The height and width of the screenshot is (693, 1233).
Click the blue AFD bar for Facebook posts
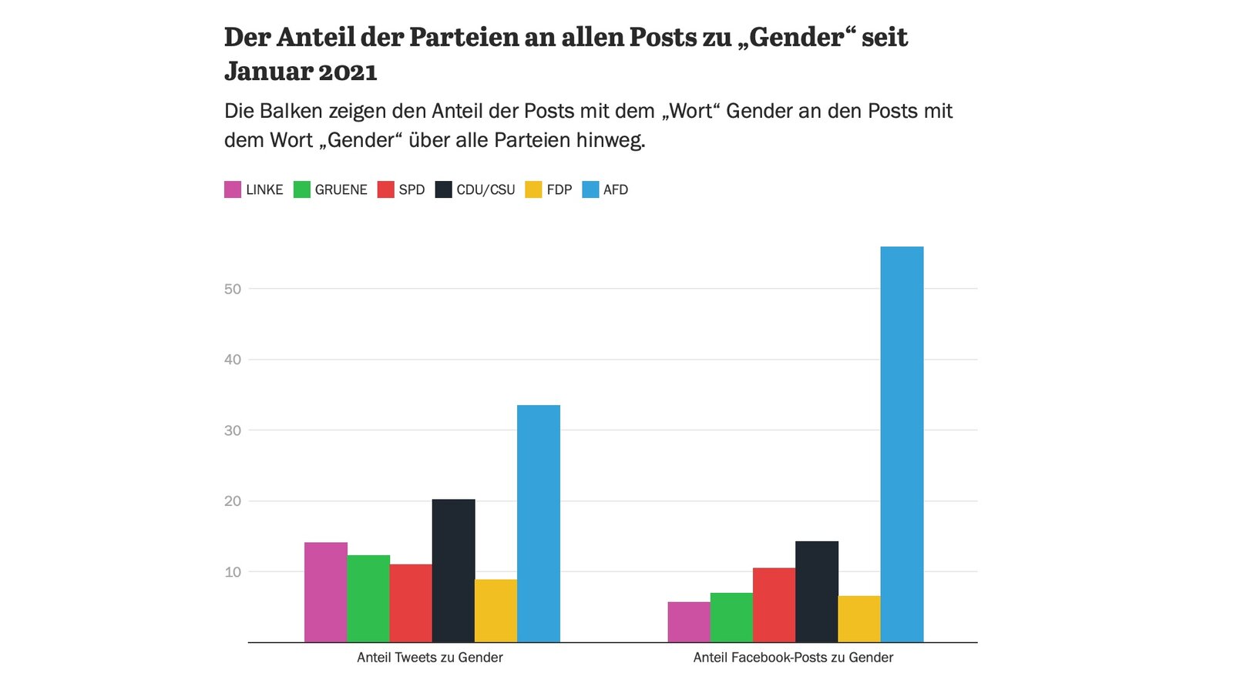coord(902,444)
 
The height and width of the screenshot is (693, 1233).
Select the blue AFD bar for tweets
coord(539,524)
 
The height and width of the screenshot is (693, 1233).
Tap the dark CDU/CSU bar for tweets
coord(454,571)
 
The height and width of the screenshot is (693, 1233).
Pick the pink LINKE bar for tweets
coord(326,592)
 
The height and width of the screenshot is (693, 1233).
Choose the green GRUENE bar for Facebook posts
coord(731,618)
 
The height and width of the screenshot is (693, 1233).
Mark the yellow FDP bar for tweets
coord(496,611)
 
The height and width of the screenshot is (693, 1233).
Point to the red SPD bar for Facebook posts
coord(774,605)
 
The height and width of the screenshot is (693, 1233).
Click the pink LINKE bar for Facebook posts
coord(689,622)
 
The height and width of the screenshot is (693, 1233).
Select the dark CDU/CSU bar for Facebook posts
coord(817,592)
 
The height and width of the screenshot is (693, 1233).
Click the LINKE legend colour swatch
coord(233,189)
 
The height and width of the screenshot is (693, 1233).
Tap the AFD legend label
coord(616,189)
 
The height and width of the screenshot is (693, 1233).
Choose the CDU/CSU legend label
coord(485,189)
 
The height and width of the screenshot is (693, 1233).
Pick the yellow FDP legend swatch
coord(533,189)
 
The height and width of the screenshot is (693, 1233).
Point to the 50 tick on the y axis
coord(233,290)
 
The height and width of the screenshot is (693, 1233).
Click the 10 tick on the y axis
coord(233,573)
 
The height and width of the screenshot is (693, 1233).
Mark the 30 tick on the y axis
coord(233,430)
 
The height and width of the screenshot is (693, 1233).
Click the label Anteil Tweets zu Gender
coord(430,658)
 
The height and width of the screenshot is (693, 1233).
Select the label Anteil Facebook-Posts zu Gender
coord(793,658)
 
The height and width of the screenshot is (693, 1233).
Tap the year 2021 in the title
coord(348,72)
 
